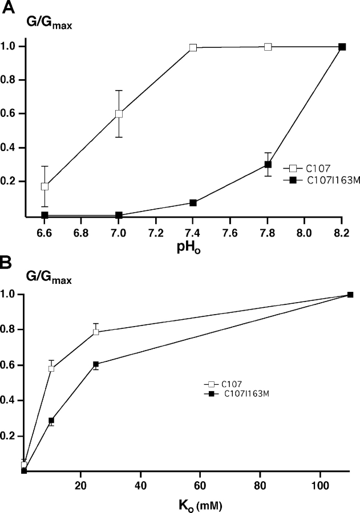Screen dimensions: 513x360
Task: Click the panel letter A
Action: (x=8, y=8)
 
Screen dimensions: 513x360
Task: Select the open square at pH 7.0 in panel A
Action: (x=119, y=113)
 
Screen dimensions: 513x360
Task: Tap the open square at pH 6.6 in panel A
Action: (x=45, y=186)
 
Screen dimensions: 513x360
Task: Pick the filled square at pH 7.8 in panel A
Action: (x=268, y=165)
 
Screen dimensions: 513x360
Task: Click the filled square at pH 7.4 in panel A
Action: (x=193, y=203)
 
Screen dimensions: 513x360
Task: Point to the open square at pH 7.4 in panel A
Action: (x=193, y=48)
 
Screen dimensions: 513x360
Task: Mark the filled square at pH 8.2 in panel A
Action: (x=342, y=47)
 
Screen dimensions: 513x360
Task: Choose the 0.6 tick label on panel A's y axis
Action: (x=13, y=114)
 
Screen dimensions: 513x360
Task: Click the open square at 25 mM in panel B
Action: (x=96, y=332)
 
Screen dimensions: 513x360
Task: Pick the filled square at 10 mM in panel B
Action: (x=51, y=421)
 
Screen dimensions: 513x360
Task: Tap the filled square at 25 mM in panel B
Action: (x=96, y=364)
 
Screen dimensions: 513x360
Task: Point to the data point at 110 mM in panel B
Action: (x=350, y=295)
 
